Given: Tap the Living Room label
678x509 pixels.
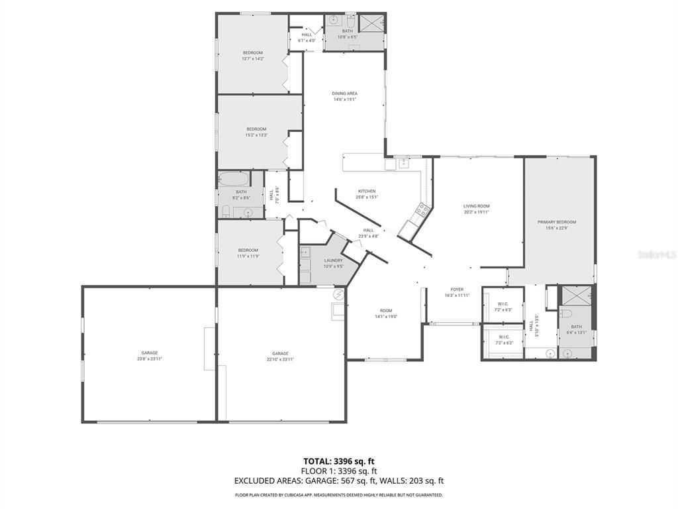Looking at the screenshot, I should point(476,206).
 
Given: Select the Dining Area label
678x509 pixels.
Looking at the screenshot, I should point(344,93).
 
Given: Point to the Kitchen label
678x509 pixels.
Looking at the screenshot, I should point(367,191).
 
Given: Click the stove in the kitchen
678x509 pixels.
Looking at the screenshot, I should point(421,211).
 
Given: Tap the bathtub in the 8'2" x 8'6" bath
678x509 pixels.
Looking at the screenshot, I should point(234,179).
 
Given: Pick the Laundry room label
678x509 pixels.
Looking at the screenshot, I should point(333,260).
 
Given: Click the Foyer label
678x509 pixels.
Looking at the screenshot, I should point(457,289).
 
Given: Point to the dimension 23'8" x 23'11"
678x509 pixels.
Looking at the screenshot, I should point(149,359).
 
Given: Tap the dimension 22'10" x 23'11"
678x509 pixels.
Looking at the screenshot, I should point(280,359).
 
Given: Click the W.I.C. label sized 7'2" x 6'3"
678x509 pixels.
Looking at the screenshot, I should point(503,304).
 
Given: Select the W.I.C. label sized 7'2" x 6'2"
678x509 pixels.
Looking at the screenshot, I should point(503,336).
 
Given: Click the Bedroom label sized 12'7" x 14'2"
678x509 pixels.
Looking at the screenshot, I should point(252,52).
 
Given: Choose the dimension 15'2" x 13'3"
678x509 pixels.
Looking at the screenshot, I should point(256,135).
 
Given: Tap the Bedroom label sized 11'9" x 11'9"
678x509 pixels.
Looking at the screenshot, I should point(248,250).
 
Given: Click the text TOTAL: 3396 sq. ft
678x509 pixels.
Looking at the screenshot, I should point(338,461).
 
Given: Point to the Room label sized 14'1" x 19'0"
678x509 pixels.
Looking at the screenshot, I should point(386,310).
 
